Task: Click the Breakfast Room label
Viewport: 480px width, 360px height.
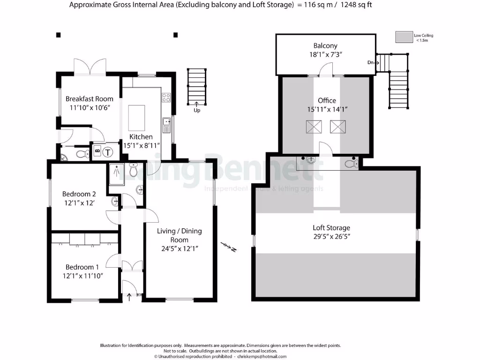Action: [89, 98]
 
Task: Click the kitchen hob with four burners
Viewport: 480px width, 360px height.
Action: [166, 97]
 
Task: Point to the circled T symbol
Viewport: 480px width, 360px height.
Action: [108, 152]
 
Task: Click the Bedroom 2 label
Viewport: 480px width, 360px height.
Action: [79, 194]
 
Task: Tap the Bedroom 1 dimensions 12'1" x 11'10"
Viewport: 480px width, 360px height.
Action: [83, 276]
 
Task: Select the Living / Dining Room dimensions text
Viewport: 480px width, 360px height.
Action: [179, 248]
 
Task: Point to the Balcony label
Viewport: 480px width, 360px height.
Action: [325, 46]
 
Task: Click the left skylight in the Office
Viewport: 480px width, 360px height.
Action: [313, 127]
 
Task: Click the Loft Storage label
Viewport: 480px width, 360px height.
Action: [331, 228]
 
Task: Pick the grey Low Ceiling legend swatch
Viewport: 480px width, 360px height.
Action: [403, 37]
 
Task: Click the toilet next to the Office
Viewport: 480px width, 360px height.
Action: [351, 163]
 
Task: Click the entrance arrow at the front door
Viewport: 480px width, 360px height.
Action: [129, 296]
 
